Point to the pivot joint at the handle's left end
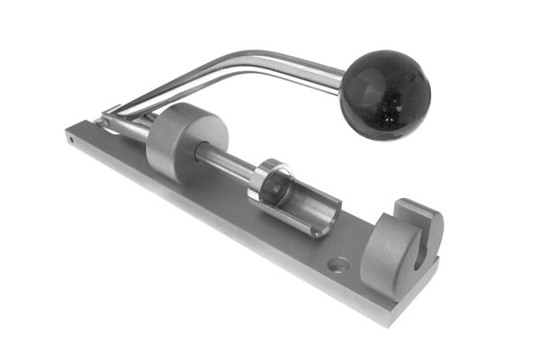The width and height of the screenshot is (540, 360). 109,117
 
